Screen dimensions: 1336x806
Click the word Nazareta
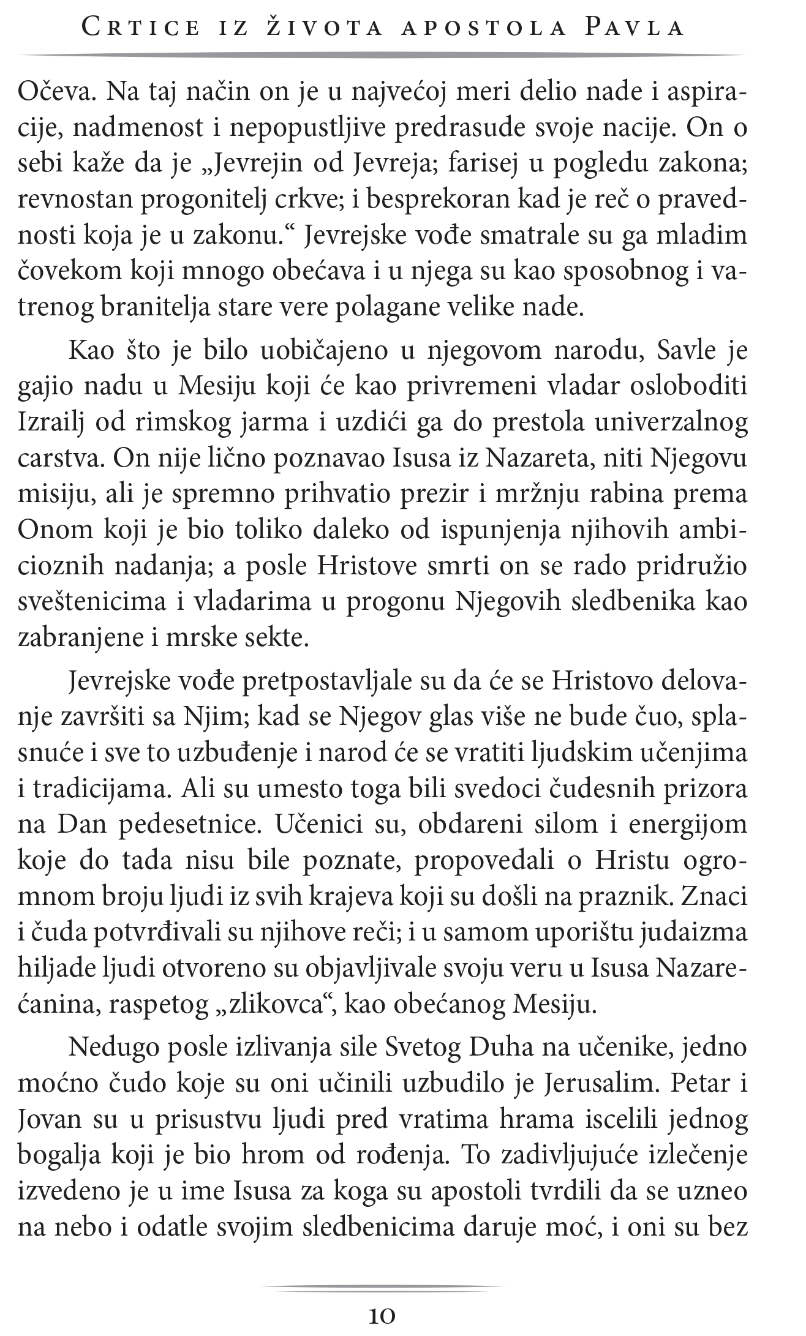tap(540, 459)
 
